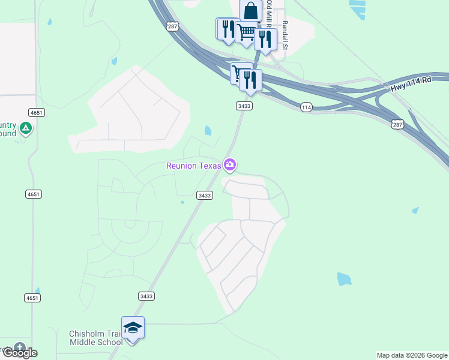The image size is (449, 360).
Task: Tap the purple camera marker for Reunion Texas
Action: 230,164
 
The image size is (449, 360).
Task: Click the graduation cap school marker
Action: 133,328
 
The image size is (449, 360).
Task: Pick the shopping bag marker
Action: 250,11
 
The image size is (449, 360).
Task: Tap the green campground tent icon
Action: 25,128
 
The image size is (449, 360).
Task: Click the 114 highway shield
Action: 307,107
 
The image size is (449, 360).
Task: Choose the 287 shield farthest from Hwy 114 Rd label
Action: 172,26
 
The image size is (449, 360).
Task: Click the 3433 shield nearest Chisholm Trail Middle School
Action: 146,296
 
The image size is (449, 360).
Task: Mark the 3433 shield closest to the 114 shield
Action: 244,106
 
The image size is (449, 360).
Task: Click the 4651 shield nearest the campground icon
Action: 37,112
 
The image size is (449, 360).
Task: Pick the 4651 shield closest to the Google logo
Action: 33,298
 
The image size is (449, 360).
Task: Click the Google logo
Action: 19,352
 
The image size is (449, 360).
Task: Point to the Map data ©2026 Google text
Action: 412,355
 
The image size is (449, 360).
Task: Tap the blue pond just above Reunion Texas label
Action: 208,130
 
